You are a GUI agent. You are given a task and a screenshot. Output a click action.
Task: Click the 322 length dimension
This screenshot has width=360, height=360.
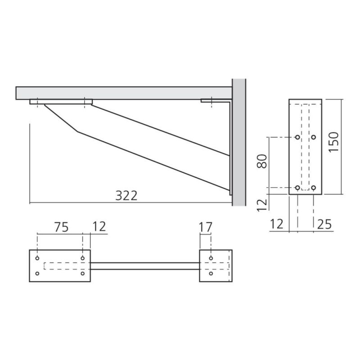click(x=126, y=196)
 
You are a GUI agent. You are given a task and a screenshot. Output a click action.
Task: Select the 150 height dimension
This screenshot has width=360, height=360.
click(x=333, y=142)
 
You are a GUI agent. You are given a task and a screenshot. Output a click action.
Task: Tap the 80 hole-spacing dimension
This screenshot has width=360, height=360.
click(x=262, y=161)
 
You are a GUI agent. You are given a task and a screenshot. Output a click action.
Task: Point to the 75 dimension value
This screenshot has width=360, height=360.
click(x=61, y=227)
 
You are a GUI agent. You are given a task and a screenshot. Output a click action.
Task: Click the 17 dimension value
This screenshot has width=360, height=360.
click(x=205, y=227)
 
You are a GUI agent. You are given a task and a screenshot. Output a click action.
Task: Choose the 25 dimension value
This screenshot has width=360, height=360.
click(x=324, y=224)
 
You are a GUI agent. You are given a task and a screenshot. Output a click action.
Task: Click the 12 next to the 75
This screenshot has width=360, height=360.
click(x=99, y=226)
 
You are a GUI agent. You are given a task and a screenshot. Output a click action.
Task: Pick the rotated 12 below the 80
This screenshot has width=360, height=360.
click(x=262, y=205)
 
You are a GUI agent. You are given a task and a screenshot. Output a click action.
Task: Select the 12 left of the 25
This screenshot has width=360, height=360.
click(x=276, y=224)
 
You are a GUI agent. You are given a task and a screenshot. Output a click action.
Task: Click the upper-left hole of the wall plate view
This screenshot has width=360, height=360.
click(x=297, y=137)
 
